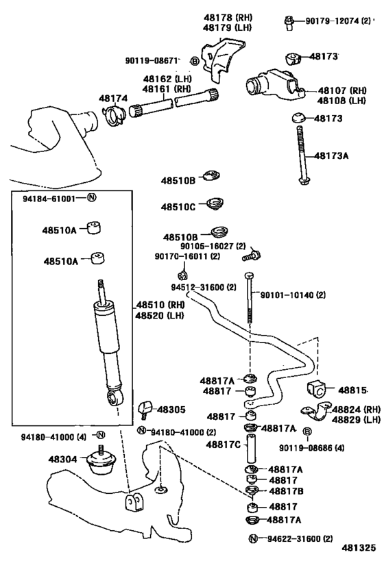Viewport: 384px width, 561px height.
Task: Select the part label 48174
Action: [112, 98]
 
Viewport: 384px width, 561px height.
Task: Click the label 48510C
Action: [178, 206]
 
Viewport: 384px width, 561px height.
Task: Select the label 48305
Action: [171, 409]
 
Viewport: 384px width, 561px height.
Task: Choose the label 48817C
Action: [223, 444]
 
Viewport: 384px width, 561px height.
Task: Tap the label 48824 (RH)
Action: [352, 409]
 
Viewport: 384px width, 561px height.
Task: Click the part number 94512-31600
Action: [203, 287]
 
